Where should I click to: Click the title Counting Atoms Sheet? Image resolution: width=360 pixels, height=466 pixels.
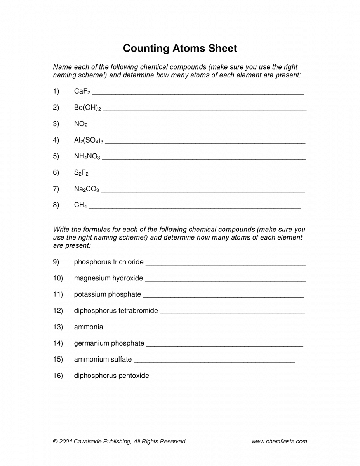click(x=180, y=49)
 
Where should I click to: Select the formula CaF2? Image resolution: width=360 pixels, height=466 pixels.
click(x=82, y=92)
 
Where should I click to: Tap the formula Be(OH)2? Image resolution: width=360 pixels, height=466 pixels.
click(x=87, y=108)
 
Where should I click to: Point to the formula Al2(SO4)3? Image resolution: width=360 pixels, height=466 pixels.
click(x=89, y=140)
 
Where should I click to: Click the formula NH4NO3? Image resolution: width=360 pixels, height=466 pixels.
click(x=87, y=156)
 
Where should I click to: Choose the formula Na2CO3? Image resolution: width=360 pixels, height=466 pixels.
click(x=87, y=189)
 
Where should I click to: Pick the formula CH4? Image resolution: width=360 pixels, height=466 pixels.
click(x=80, y=205)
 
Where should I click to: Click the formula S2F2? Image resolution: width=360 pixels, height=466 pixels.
click(x=81, y=173)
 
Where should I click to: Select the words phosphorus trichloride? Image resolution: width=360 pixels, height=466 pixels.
click(x=109, y=262)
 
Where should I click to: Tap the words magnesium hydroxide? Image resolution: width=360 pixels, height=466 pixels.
click(x=108, y=278)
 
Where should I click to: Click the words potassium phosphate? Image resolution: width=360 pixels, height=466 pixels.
click(x=108, y=294)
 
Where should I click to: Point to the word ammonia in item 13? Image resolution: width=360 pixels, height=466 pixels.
click(x=89, y=327)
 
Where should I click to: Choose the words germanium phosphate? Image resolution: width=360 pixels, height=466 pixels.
click(x=109, y=343)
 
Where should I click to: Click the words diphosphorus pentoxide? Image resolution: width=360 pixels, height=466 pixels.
click(x=111, y=376)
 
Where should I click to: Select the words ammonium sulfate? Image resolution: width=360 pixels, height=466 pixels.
click(x=103, y=360)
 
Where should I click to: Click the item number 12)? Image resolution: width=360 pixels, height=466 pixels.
click(x=58, y=311)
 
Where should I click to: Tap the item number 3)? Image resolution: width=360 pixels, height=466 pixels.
click(x=56, y=124)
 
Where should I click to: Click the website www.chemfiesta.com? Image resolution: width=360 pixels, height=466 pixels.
click(x=279, y=441)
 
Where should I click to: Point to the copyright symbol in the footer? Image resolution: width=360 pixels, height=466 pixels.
click(x=55, y=442)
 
